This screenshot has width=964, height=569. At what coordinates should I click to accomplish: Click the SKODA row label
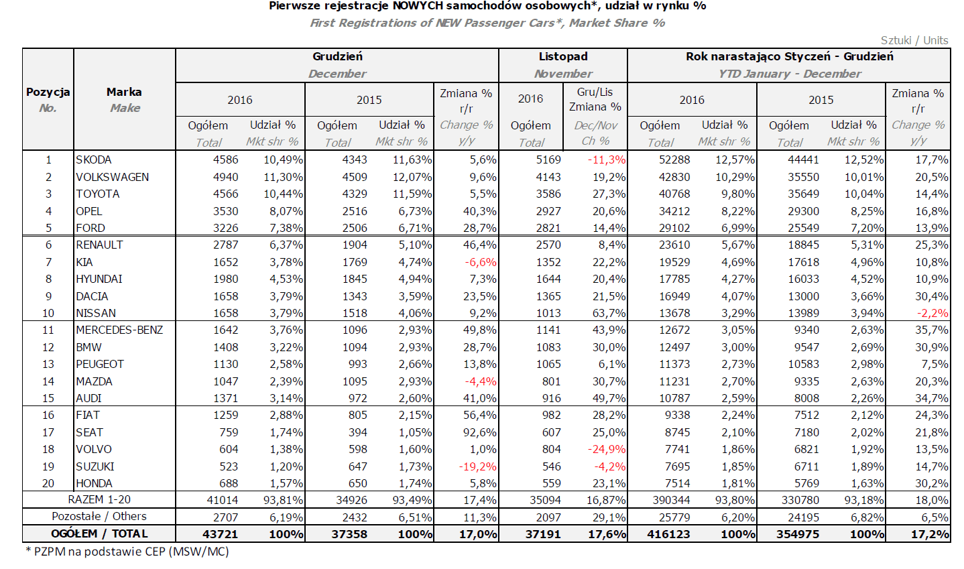(93, 160)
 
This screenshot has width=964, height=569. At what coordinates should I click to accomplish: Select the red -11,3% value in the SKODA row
(607, 160)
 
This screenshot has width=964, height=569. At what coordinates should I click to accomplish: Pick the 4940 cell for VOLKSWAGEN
(225, 177)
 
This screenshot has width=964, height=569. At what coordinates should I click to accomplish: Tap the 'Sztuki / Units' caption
(914, 40)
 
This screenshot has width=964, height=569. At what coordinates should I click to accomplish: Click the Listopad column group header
(563, 56)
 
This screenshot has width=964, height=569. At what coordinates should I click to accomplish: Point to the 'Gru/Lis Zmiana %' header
(595, 99)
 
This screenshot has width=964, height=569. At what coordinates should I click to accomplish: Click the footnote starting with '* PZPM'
(127, 552)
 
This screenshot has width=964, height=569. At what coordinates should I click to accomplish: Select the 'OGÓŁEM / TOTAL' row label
(99, 533)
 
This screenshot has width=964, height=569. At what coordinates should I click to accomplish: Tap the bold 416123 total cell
(668, 534)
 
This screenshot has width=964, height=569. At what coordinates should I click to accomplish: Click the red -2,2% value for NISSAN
(932, 313)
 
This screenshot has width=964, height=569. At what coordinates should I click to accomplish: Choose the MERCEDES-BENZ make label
(119, 330)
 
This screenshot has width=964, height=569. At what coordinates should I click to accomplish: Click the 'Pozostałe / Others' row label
(99, 516)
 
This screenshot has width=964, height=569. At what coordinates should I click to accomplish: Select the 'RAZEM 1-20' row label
(99, 499)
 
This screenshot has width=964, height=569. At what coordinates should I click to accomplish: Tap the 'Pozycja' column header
(48, 92)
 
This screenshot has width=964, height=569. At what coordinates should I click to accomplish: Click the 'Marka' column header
(124, 92)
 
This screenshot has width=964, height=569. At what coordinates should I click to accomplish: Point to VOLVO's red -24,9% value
(607, 450)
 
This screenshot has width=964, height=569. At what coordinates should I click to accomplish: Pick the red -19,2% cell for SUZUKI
(477, 466)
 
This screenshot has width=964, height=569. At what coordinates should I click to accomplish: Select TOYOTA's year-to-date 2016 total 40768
(674, 194)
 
